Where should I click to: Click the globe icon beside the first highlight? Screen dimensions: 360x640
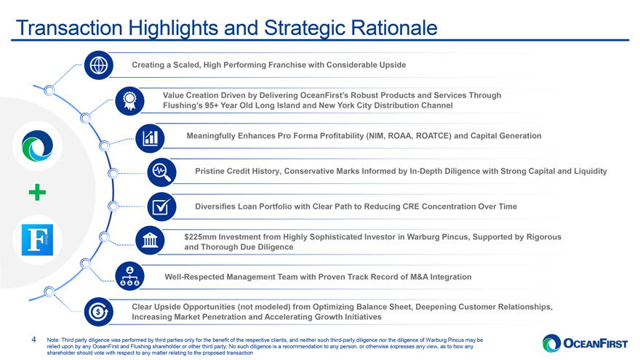click(98, 65)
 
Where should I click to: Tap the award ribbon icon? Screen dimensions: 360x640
click(129, 100)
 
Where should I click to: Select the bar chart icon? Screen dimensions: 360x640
click(151, 136)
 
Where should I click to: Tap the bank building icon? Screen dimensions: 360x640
click(150, 241)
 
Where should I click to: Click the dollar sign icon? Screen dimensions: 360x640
click(98, 311)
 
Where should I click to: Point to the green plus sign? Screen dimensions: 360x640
click(38, 193)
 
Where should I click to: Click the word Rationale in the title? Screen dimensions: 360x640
click(395, 28)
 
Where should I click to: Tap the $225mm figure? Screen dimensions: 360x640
click(201, 237)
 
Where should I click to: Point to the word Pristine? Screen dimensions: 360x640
click(212, 171)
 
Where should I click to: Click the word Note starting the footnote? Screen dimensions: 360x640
click(52, 340)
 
